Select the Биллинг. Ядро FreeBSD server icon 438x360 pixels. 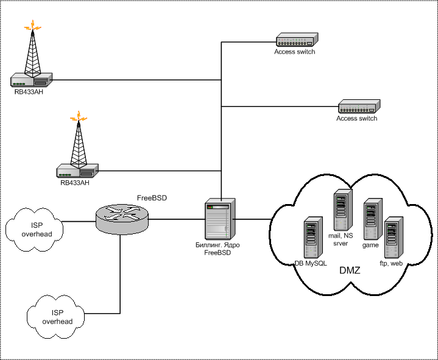[219, 219]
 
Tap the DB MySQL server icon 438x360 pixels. [313, 237]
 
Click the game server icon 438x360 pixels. [372, 219]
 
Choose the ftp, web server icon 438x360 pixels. [394, 236]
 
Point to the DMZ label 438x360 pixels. [350, 269]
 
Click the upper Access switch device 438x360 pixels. [295, 41]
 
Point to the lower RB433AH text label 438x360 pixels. [74, 182]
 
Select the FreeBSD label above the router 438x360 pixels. [152, 198]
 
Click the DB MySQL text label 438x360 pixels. [311, 263]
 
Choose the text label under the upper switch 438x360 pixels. [295, 52]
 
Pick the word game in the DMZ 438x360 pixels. [371, 245]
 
